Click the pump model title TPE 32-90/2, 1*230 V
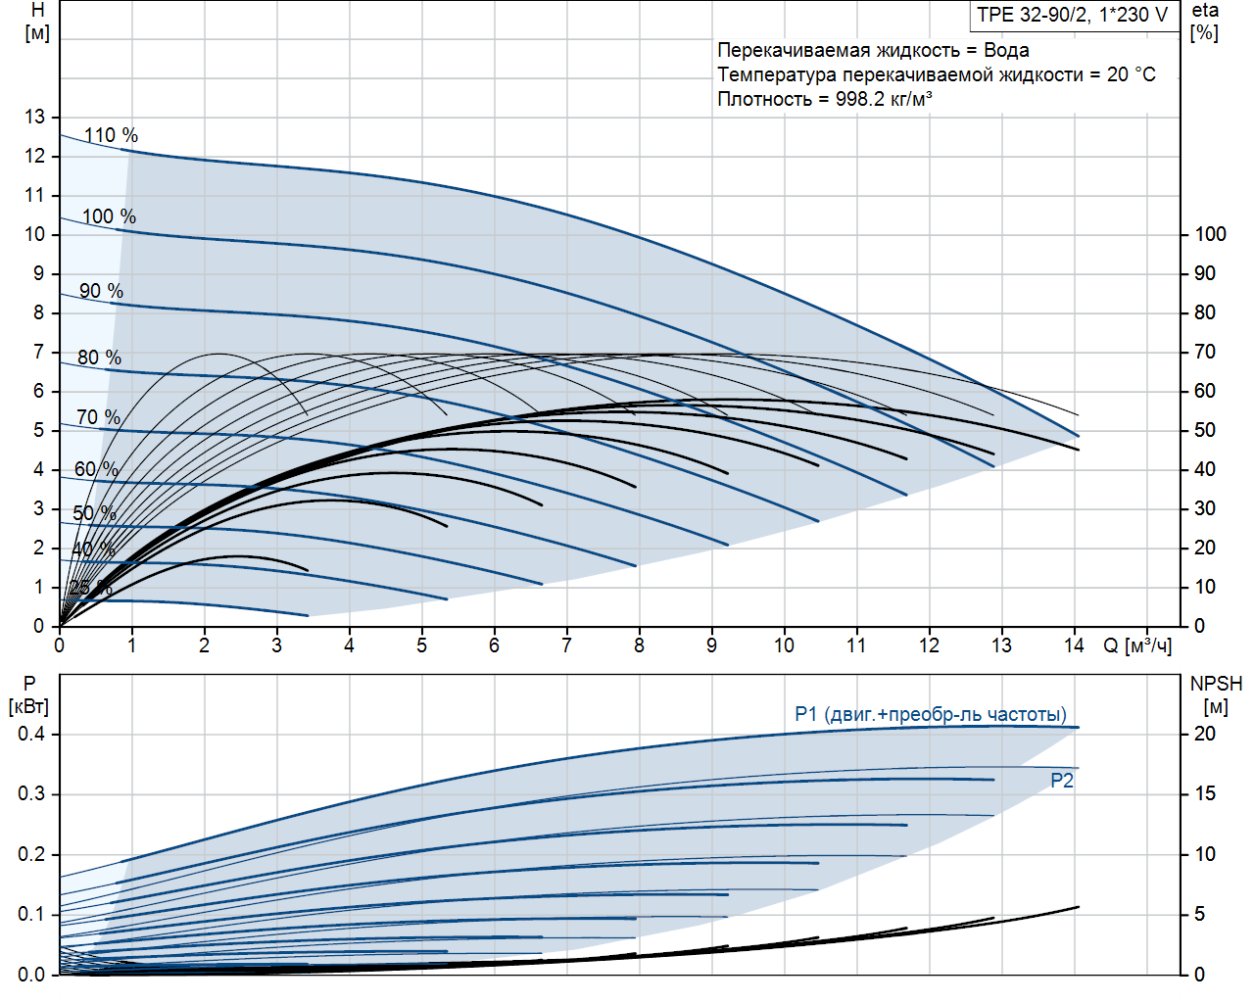pyautogui.click(x=1073, y=15)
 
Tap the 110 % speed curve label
pyautogui.click(x=111, y=135)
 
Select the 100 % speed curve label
pyautogui.click(x=109, y=216)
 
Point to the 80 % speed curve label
pyautogui.click(x=99, y=358)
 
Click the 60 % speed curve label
pyautogui.click(x=96, y=469)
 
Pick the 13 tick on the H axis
pyautogui.click(x=35, y=117)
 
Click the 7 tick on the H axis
pyautogui.click(x=39, y=352)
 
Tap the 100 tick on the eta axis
pyautogui.click(x=1210, y=234)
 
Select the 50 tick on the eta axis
pyautogui.click(x=1204, y=430)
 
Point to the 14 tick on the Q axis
pyautogui.click(x=1074, y=645)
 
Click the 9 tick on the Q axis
pyautogui.click(x=711, y=645)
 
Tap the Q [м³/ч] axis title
pyautogui.click(x=1137, y=645)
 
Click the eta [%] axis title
pyautogui.click(x=1205, y=22)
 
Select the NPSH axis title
pyautogui.click(x=1216, y=684)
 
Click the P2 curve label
pyautogui.click(x=1062, y=781)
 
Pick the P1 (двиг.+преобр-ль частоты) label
pyautogui.click(x=931, y=714)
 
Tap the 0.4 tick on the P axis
pyautogui.click(x=31, y=734)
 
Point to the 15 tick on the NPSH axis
pyautogui.click(x=1204, y=793)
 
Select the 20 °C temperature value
pyautogui.click(x=1132, y=74)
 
